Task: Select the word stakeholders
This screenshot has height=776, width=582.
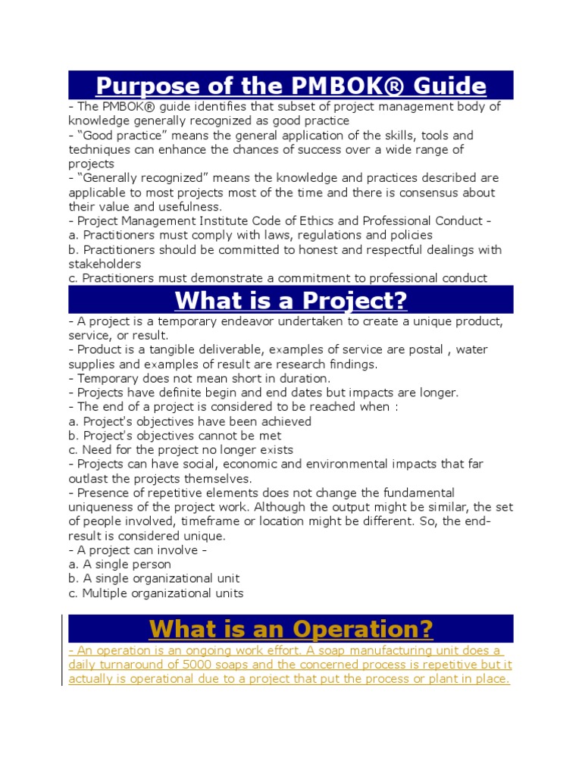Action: [105, 264]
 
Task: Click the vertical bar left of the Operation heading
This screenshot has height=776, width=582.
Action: [63, 650]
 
